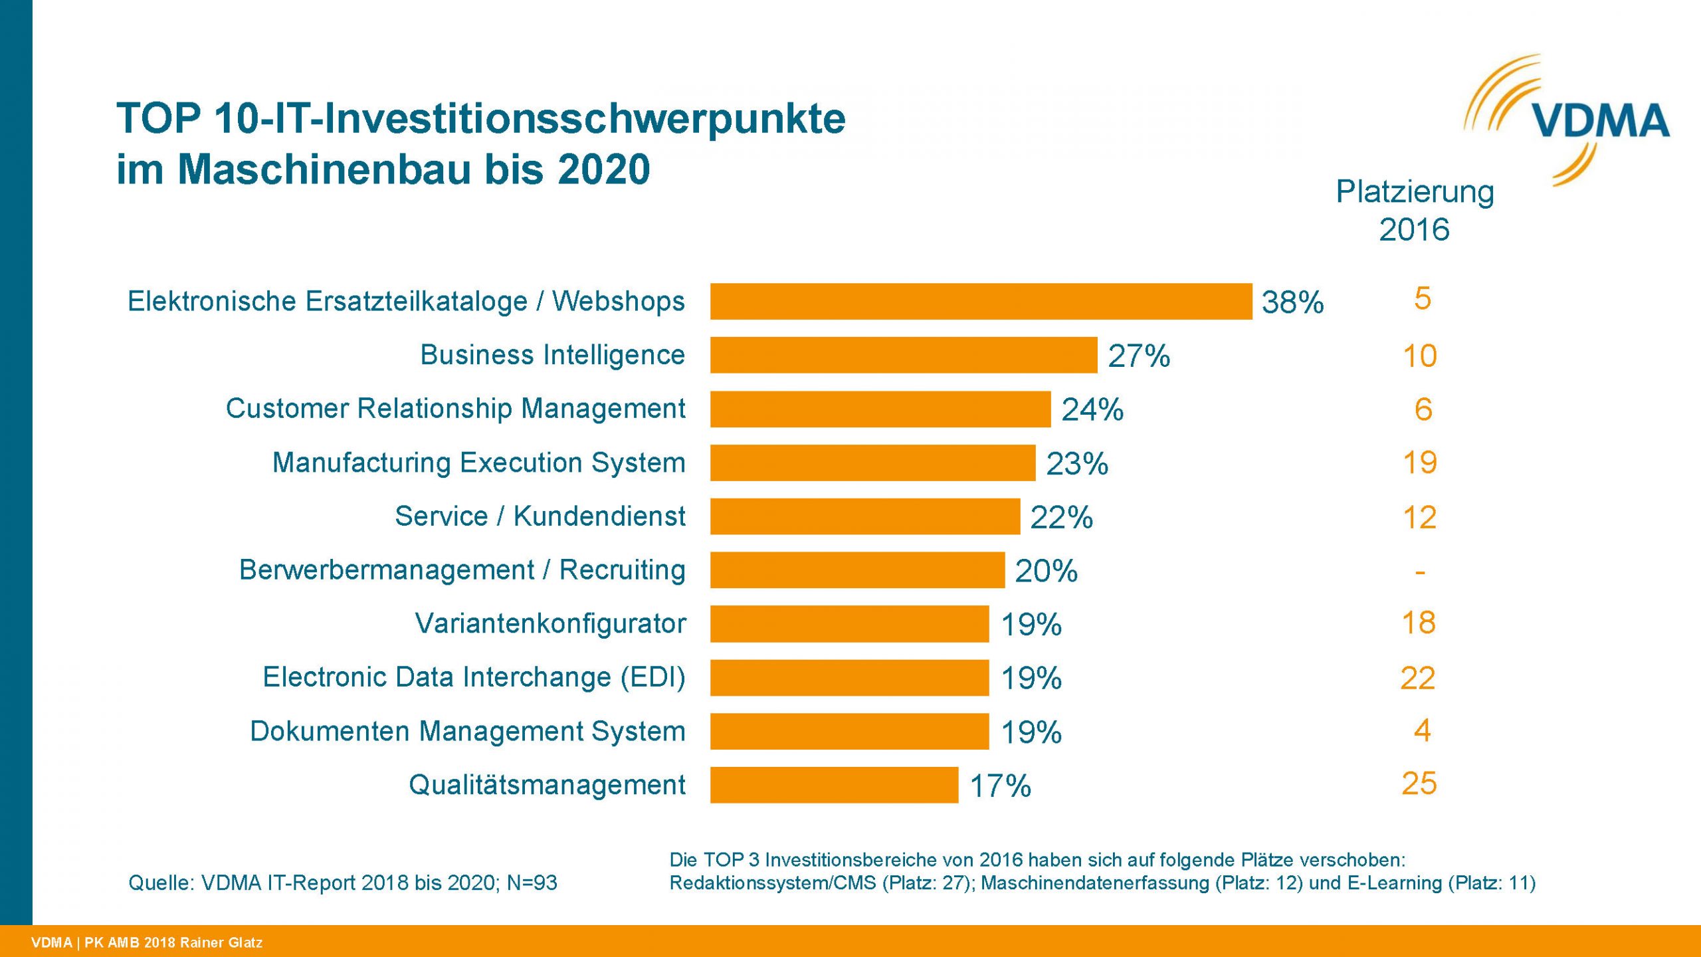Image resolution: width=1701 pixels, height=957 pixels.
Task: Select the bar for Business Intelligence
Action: pyautogui.click(x=904, y=355)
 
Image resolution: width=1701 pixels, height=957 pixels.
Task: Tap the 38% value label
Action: pyautogui.click(x=1292, y=302)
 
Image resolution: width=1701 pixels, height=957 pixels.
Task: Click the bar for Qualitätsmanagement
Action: pyautogui.click(x=834, y=785)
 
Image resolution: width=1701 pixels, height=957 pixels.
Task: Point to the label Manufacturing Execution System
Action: pyautogui.click(x=478, y=463)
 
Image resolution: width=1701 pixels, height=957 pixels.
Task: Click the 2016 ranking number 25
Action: pyautogui.click(x=1419, y=784)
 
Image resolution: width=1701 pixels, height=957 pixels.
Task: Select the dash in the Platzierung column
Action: pyautogui.click(x=1420, y=572)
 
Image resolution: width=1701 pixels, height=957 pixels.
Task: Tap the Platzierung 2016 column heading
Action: pyautogui.click(x=1415, y=210)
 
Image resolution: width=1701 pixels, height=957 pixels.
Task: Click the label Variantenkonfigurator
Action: pyautogui.click(x=550, y=623)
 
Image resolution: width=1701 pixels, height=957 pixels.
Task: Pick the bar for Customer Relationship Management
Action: pyautogui.click(x=880, y=409)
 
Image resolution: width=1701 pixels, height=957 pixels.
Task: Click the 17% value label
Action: pyautogui.click(x=1000, y=786)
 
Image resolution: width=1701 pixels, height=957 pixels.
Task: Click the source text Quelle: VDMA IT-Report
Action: pyautogui.click(x=342, y=883)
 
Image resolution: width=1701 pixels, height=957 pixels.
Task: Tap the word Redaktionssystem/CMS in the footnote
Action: pyautogui.click(x=772, y=883)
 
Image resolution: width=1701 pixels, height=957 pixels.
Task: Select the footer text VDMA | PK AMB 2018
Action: pyautogui.click(x=147, y=942)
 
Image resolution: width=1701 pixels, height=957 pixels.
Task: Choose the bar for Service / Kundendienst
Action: pyautogui.click(x=864, y=516)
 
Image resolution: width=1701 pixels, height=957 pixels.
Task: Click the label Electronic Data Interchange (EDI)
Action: pyautogui.click(x=474, y=677)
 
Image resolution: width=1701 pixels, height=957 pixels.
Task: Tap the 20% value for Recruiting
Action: pyautogui.click(x=1046, y=571)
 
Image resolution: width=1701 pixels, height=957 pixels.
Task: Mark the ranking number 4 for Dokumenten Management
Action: pyautogui.click(x=1422, y=731)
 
